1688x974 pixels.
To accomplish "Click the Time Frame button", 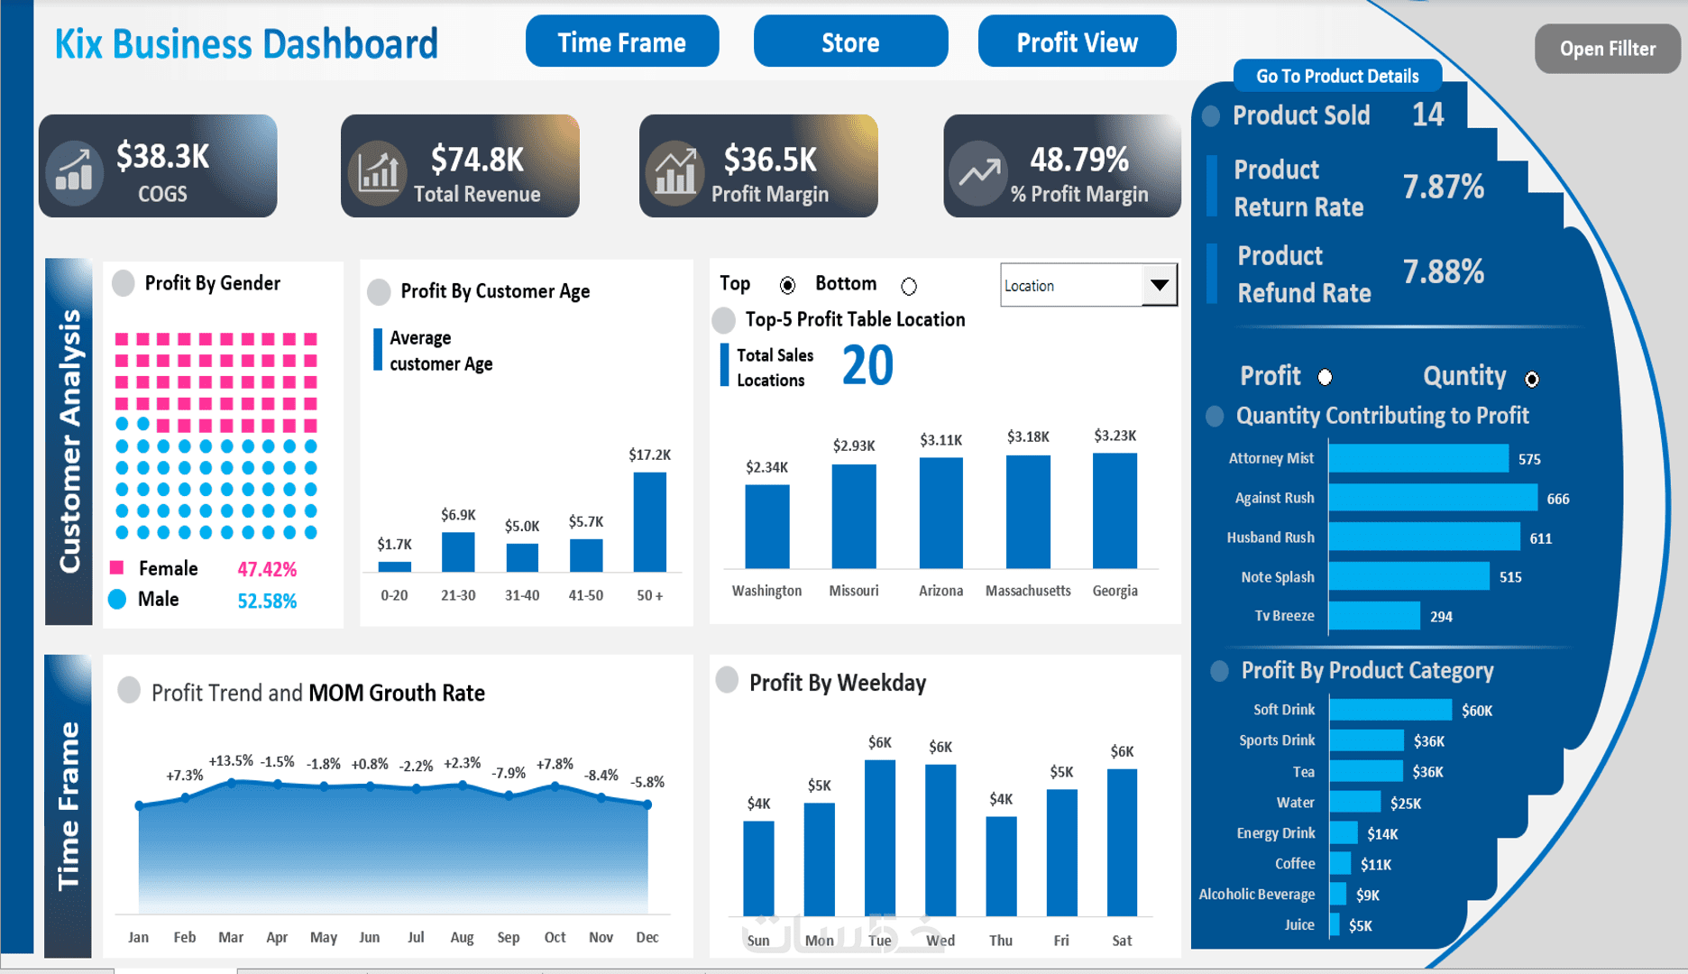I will [622, 42].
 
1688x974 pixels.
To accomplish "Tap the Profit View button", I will [1077, 42].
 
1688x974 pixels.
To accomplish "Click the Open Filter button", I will [1607, 49].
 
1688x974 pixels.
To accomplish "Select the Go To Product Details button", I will [1336, 77].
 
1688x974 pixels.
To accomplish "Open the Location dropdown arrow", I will [1160, 286].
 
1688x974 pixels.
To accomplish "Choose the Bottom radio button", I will [909, 286].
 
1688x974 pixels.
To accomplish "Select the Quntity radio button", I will [1532, 380].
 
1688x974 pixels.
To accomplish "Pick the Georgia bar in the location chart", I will [1115, 510].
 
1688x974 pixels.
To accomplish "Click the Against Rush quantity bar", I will [1432, 498].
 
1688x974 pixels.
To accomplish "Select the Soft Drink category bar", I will [1390, 711].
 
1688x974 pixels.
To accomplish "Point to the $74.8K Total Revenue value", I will [477, 160].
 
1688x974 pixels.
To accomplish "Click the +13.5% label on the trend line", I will [231, 761].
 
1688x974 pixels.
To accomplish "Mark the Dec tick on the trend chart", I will [647, 937].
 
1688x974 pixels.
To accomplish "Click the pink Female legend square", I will [117, 568].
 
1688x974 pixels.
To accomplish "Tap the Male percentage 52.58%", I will [267, 601].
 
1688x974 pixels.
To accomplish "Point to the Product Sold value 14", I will [1427, 115].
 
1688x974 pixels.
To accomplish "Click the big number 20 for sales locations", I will [867, 366].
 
